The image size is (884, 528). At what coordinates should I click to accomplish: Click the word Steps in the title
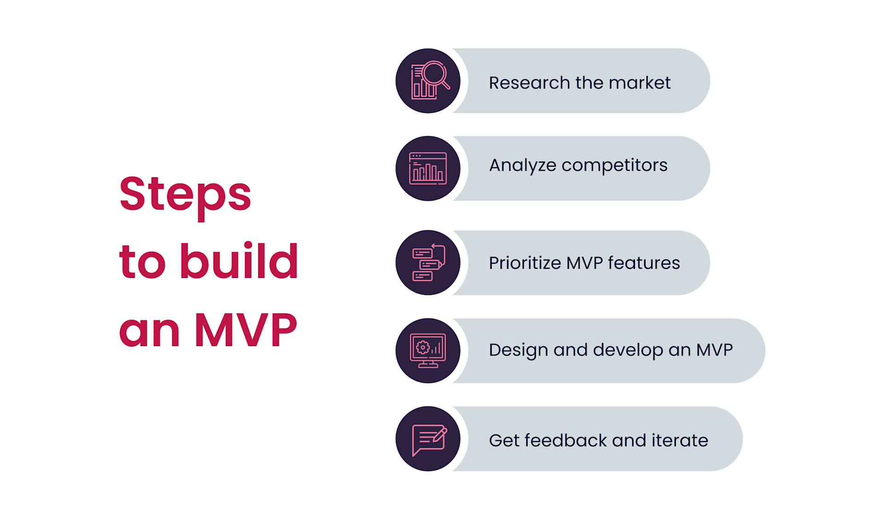(x=185, y=194)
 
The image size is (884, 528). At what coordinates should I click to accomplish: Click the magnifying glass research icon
(x=429, y=81)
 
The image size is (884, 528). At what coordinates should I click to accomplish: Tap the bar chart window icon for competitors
(x=428, y=168)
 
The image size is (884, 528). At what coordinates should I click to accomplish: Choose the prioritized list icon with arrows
(x=428, y=263)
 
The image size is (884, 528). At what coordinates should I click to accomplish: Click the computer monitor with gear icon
(x=428, y=351)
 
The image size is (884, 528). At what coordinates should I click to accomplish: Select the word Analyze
(x=522, y=165)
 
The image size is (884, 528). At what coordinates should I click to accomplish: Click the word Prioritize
(x=524, y=263)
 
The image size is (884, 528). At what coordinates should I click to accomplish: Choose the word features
(x=644, y=263)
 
